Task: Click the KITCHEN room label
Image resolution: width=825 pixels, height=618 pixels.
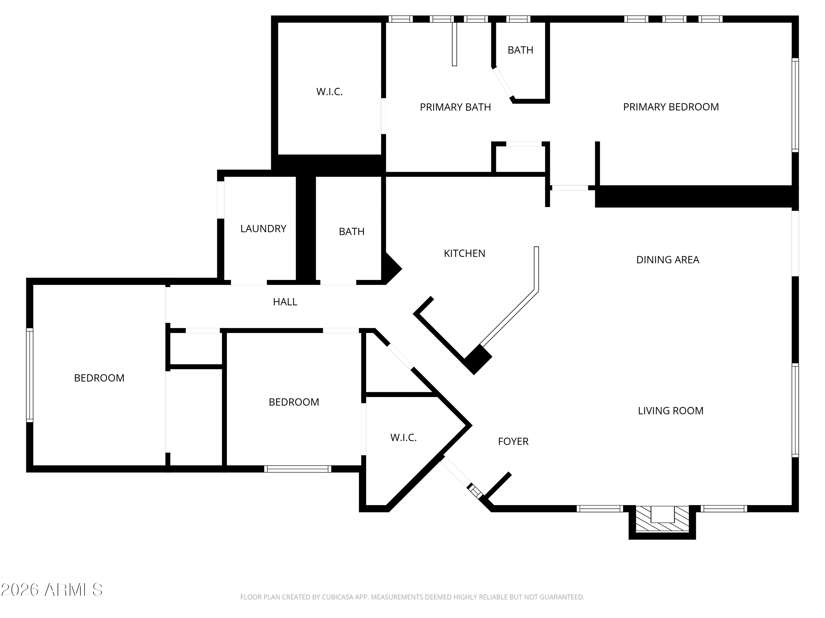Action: point(464,253)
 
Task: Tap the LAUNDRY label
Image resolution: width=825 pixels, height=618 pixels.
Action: point(263,229)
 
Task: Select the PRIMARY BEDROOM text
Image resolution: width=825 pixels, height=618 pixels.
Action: point(671,107)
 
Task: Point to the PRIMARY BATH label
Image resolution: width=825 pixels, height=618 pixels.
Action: point(455,107)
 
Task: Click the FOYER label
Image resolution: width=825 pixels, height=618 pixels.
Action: point(513,441)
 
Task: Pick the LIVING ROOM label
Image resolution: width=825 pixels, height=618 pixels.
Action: point(671,411)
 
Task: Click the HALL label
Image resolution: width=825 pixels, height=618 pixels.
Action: point(285,302)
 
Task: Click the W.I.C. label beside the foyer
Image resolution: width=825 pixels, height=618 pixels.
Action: point(403,438)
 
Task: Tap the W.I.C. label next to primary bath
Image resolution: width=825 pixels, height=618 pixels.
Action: point(329,92)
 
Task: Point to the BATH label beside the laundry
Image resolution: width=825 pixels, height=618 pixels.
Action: point(352,232)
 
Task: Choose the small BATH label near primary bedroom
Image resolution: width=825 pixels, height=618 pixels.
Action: point(520,50)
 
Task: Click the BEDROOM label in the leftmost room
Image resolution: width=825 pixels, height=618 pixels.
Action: point(99,378)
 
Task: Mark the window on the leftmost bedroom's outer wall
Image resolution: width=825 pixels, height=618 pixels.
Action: point(29,375)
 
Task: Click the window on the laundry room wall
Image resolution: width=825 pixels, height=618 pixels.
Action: point(221,200)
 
